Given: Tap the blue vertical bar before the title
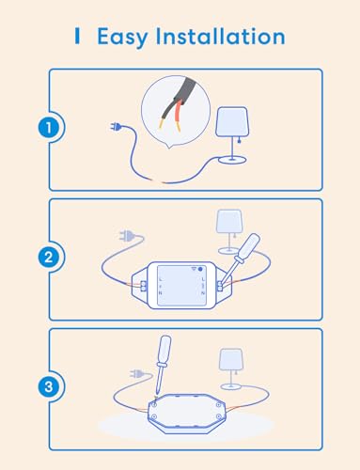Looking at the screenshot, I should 77,37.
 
